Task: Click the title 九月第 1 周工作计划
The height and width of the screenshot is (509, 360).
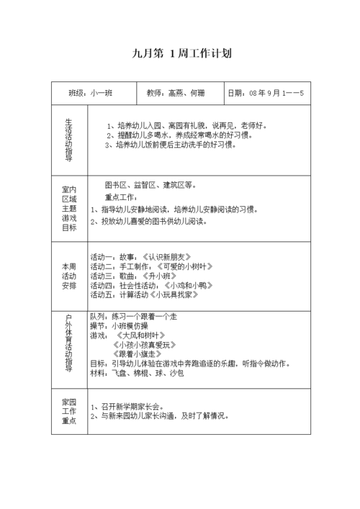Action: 181,53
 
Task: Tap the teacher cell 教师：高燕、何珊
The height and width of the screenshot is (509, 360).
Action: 175,94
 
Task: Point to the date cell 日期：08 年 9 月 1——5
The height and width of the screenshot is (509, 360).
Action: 266,94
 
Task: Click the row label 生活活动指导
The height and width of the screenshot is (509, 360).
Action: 68,138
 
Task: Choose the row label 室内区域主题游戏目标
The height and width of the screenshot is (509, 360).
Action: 68,208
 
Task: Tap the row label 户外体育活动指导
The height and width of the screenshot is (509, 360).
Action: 68,343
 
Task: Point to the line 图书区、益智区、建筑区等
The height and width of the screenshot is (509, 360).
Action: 150,184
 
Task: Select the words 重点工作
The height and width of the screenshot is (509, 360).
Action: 120,197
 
